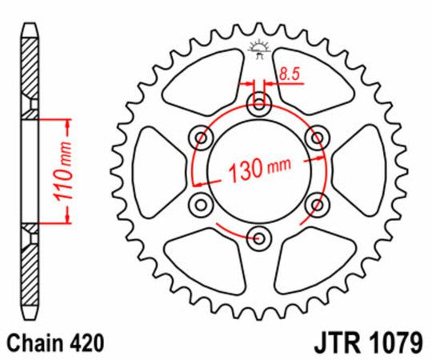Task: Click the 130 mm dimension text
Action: click(x=258, y=170)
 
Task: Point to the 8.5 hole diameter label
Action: click(x=289, y=75)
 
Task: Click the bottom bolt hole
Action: click(x=258, y=236)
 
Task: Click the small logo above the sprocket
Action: click(x=258, y=48)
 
